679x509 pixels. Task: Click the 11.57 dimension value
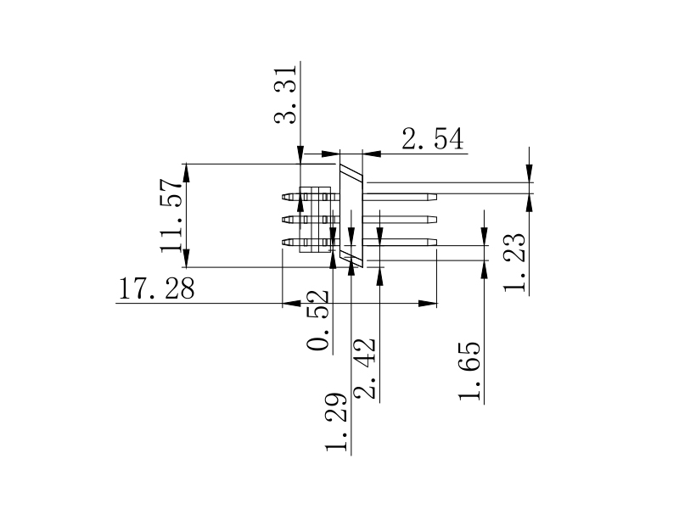click(172, 215)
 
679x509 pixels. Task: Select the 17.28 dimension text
click(156, 290)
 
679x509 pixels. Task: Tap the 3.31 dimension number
click(287, 93)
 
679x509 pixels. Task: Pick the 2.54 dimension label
click(434, 139)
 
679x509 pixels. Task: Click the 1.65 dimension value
click(469, 371)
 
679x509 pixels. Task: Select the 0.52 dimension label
click(318, 321)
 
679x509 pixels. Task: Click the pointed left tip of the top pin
click(283, 198)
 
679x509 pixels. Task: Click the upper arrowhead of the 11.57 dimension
click(187, 171)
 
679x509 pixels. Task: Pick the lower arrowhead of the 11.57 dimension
click(187, 260)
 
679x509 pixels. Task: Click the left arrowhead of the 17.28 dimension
click(291, 303)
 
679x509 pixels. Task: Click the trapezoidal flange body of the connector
click(351, 216)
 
